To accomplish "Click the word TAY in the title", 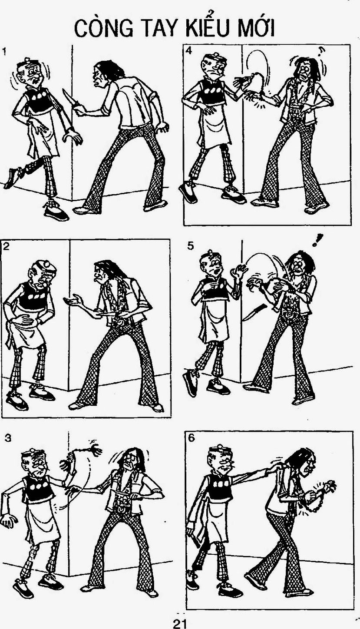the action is click(161, 28).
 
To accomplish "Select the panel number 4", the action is click(189, 51).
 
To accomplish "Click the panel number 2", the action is click(6, 246).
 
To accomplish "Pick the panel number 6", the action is click(191, 438).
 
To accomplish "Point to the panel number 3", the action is click(8, 438).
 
